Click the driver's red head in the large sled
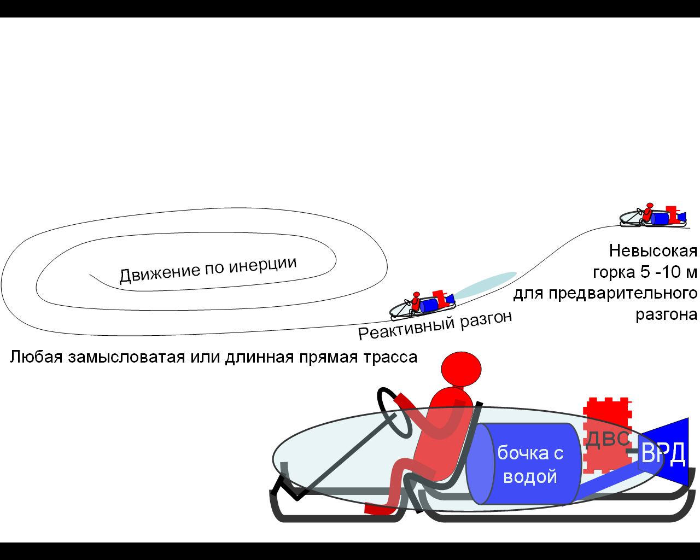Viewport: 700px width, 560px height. click(461, 369)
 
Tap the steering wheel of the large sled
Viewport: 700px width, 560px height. click(393, 413)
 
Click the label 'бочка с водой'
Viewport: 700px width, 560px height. click(529, 464)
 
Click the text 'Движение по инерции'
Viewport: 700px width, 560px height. click(208, 269)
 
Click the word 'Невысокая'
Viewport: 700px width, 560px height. click(653, 251)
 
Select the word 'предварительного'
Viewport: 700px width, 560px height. click(623, 294)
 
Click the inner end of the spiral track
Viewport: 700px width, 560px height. click(91, 275)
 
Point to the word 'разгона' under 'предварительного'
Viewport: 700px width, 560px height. click(666, 315)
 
